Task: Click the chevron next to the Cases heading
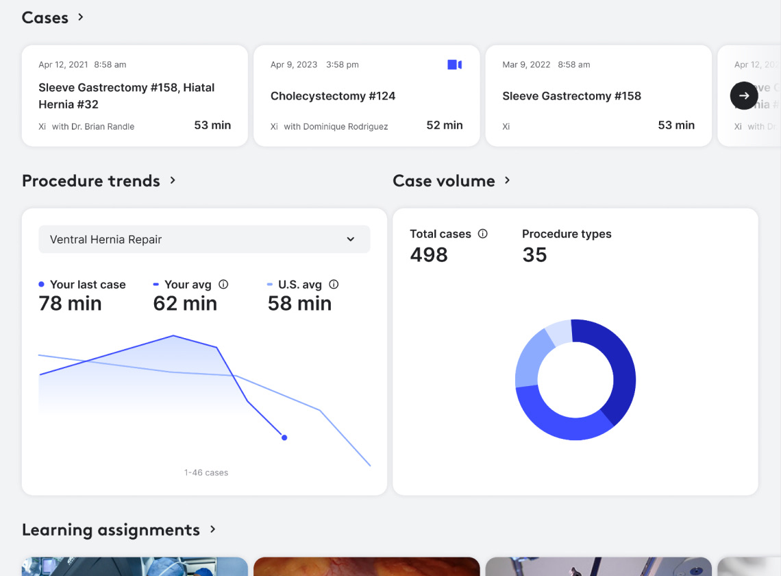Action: pos(81,17)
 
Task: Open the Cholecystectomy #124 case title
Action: pos(333,96)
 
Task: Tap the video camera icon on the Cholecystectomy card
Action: pos(454,64)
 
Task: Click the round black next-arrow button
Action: pos(744,96)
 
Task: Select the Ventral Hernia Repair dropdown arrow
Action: pos(351,239)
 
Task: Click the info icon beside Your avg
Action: pos(223,285)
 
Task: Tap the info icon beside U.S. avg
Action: pos(334,285)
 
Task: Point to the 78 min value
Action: pos(70,304)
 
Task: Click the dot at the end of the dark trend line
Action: pos(284,437)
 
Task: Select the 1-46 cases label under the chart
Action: pos(206,472)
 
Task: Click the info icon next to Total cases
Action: pos(482,234)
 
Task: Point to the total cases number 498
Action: pos(429,255)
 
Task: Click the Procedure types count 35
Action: pos(534,255)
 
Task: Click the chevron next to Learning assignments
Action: pos(213,529)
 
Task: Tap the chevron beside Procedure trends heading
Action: pos(173,180)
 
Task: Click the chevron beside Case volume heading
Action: pos(508,180)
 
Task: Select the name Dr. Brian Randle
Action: pos(103,126)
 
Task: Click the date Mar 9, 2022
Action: pos(526,64)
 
